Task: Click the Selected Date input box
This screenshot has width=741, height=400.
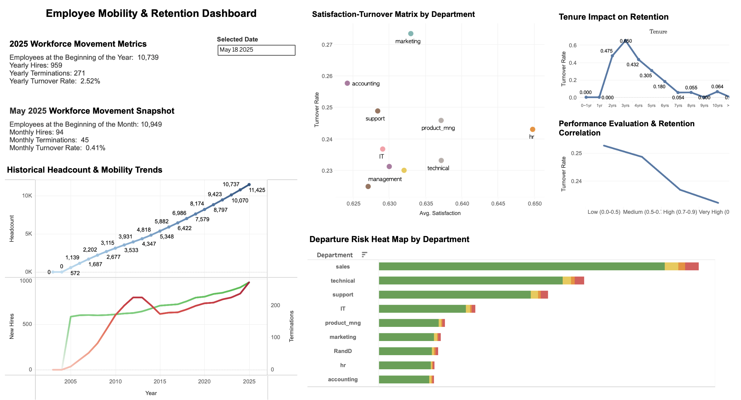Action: [256, 50]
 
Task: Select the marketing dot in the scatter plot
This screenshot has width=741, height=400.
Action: [410, 33]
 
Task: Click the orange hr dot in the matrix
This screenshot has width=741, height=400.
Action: [533, 129]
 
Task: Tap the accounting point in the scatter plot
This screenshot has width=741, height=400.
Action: [347, 83]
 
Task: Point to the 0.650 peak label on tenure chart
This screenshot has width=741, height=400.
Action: [626, 41]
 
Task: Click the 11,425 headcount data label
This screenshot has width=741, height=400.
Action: [257, 190]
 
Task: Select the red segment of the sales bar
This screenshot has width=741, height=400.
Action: [692, 266]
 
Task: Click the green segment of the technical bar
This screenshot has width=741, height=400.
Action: [470, 280]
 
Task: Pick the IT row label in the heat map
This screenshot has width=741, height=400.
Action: [343, 309]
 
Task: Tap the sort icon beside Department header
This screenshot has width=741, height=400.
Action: [364, 255]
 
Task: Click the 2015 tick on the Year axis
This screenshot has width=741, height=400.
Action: [160, 382]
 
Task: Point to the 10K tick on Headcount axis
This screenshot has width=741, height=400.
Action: [27, 196]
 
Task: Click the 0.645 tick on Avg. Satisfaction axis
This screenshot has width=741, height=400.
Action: [498, 204]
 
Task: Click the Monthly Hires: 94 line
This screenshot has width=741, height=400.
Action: [36, 132]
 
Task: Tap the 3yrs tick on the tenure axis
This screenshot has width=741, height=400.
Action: [625, 105]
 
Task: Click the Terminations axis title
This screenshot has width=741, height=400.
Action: [291, 326]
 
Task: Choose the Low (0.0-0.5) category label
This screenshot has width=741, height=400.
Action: [604, 212]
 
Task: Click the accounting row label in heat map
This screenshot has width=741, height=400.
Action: [343, 379]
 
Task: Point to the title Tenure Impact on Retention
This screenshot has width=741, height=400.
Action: [613, 17]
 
